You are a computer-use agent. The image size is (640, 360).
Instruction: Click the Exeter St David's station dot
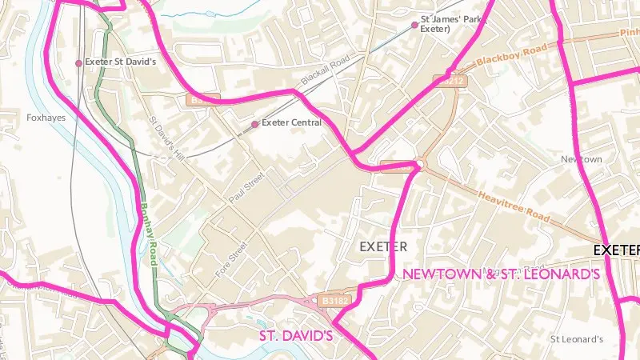pos(78,62)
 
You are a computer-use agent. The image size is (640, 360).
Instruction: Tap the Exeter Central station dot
pos(255,124)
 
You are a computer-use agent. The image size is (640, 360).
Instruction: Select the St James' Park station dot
pos(414,25)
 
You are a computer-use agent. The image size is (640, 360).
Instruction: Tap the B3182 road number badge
pos(334,300)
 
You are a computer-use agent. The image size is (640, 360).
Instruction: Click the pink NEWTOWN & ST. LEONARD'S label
pos(502,274)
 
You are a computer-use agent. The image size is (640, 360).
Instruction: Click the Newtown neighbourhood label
pos(581,159)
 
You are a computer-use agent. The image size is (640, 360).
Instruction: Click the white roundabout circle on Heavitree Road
pos(418,166)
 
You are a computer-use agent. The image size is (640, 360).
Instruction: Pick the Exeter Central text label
pos(292,123)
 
